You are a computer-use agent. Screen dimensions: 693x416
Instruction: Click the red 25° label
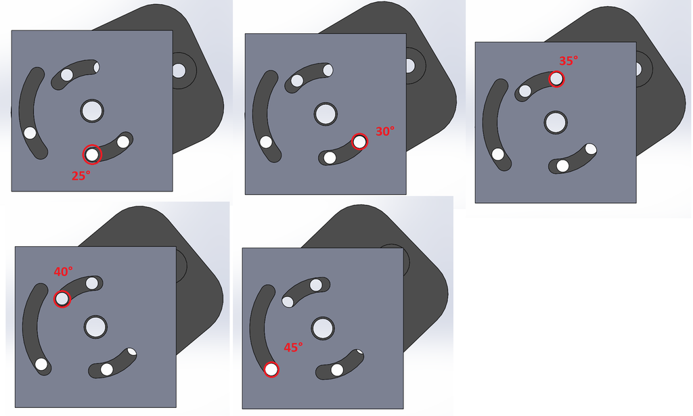click(x=81, y=176)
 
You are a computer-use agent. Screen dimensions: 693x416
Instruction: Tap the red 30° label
click(x=385, y=131)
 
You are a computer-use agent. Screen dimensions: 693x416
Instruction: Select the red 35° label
click(x=568, y=61)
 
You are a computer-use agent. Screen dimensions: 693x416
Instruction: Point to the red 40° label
click(x=63, y=271)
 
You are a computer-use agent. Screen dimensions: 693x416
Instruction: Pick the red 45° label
click(x=293, y=348)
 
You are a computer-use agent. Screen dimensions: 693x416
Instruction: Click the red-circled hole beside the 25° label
click(x=92, y=155)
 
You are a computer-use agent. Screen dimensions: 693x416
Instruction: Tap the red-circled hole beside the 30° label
click(x=360, y=142)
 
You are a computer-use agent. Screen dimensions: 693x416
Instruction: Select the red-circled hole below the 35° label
click(x=556, y=79)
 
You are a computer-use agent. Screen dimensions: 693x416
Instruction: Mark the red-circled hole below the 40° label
click(x=62, y=299)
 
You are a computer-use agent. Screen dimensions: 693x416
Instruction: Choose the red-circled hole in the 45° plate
click(x=271, y=369)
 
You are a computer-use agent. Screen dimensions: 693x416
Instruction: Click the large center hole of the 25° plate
click(x=92, y=111)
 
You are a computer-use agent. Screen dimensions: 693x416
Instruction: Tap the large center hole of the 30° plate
click(x=326, y=114)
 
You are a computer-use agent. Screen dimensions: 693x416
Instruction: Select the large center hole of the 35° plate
click(x=556, y=122)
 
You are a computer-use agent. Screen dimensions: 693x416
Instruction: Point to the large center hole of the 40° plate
click(x=95, y=327)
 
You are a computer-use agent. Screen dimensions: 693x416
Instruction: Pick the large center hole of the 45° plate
click(x=323, y=329)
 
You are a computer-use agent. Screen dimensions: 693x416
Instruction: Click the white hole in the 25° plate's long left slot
click(x=30, y=133)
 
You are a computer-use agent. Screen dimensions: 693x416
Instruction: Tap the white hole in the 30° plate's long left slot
click(x=266, y=142)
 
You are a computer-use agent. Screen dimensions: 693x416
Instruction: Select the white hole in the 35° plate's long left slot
click(x=498, y=155)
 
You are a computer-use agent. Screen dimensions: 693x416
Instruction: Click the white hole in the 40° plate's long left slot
click(x=41, y=365)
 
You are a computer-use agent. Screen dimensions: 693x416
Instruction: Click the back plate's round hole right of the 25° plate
click(x=179, y=70)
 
